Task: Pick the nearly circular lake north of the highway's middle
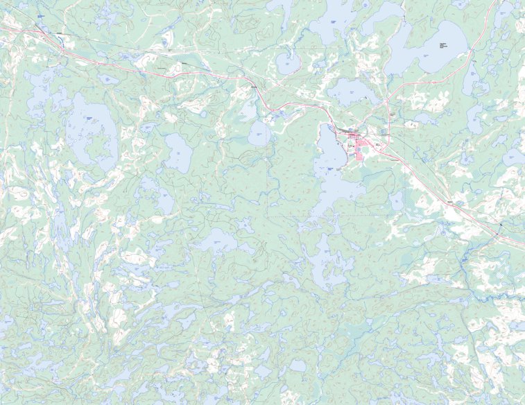point(287,64)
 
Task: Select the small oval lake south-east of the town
point(396,202)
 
